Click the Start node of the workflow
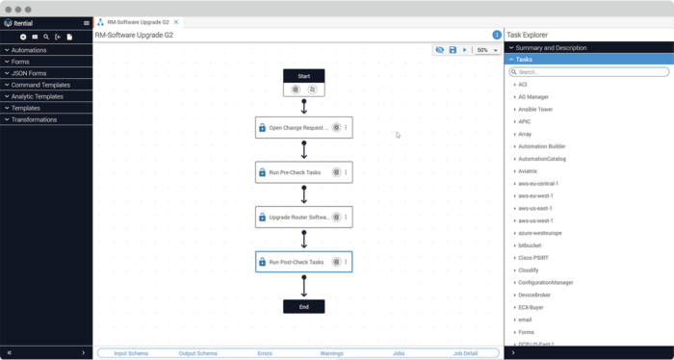tap(303, 76)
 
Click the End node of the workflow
tap(303, 307)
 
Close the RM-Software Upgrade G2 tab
tap(176, 21)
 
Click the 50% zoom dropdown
tap(487, 50)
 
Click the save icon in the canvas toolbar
tap(453, 50)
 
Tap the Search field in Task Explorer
tap(589, 72)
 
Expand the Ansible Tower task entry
tap(535, 110)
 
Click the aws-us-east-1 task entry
tap(535, 208)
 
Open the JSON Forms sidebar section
tap(29, 73)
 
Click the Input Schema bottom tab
tap(131, 353)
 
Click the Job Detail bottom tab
tap(465, 353)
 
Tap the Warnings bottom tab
tap(331, 353)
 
